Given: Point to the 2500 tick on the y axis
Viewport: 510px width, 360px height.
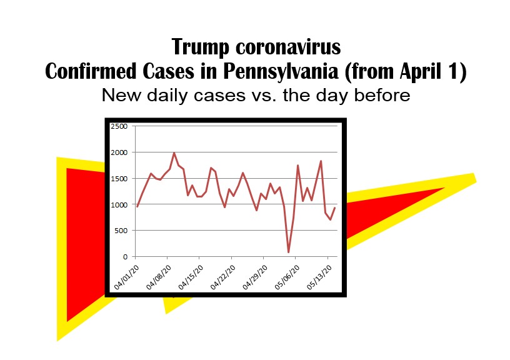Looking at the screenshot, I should point(119,126).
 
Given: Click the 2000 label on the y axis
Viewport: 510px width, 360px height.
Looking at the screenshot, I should point(119,152).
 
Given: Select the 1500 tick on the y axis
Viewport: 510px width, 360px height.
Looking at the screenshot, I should point(119,179).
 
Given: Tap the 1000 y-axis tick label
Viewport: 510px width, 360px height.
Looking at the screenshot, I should point(119,204).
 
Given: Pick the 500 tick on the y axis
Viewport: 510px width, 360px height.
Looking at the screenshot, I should point(121,231).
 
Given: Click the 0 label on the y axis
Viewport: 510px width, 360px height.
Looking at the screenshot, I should point(125,257).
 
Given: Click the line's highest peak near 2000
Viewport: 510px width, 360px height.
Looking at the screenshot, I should point(174,153).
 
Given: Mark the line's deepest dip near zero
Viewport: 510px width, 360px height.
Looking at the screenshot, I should point(289,252).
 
